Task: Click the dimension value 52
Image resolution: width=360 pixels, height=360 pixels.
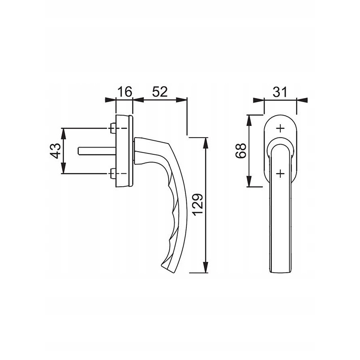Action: pyautogui.click(x=160, y=92)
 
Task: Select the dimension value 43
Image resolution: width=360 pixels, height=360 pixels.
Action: pyautogui.click(x=55, y=151)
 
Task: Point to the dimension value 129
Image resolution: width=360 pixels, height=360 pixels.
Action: pyautogui.click(x=198, y=205)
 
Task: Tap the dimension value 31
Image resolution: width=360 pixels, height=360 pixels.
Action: pyautogui.click(x=280, y=92)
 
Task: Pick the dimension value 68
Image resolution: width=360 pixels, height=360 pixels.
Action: pyautogui.click(x=241, y=151)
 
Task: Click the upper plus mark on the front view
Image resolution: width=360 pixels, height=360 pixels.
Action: pyautogui.click(x=280, y=128)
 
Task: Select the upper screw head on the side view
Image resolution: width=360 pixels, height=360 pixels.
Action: pyautogui.click(x=113, y=128)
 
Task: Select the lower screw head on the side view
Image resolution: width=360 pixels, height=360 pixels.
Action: pyautogui.click(x=113, y=173)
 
